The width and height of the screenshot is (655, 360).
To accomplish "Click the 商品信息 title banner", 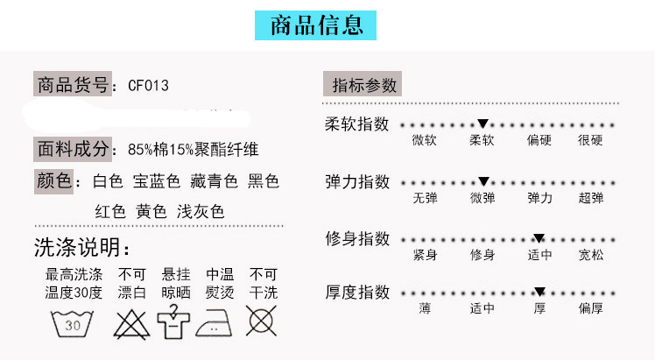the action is tap(315, 25).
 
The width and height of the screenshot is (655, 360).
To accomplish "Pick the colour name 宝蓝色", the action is tap(156, 181).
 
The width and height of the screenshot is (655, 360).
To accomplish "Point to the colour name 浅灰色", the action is tap(200, 211).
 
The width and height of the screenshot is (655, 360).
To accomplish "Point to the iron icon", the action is tap(218, 323).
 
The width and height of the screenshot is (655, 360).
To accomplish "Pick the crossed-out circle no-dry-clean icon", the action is tap(262, 321).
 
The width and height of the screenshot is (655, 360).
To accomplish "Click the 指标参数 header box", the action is tap(365, 85).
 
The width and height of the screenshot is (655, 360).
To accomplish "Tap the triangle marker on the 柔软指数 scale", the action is tap(482, 124).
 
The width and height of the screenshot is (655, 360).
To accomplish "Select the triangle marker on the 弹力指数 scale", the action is tap(482, 182).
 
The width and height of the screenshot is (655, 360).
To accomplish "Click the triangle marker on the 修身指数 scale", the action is tap(539, 238).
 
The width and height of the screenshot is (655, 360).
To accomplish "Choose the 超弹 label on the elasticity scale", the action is tap(590, 198).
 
